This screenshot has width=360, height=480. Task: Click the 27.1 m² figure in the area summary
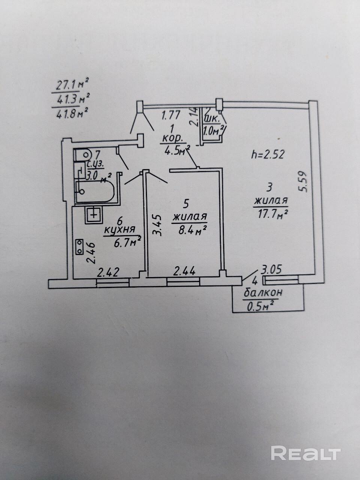pyautogui.click(x=70, y=85)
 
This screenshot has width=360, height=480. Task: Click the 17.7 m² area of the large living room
pyautogui.click(x=273, y=213)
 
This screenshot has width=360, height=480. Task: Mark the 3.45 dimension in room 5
pyautogui.click(x=157, y=225)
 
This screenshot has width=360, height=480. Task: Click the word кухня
pyautogui.click(x=119, y=230)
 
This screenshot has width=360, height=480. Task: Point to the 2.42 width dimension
pyautogui.click(x=108, y=272)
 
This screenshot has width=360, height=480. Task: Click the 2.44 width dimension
pyautogui.click(x=184, y=271)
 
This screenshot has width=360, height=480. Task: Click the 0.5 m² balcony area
pyautogui.click(x=259, y=306)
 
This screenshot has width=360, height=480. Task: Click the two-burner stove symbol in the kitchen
pyautogui.click(x=80, y=247)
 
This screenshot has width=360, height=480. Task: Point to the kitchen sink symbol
pyautogui.click(x=93, y=214)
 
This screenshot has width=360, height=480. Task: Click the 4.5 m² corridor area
pyautogui.click(x=175, y=150)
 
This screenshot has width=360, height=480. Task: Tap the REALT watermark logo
pyautogui.click(x=306, y=454)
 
